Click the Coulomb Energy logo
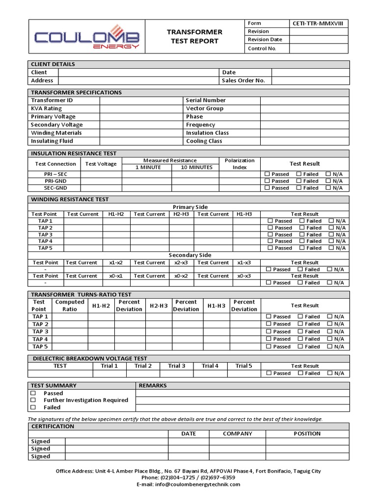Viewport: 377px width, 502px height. (x=87, y=37)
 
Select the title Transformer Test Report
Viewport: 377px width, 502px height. (x=194, y=36)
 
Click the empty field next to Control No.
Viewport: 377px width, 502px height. (x=320, y=49)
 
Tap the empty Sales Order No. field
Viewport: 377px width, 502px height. (x=310, y=80)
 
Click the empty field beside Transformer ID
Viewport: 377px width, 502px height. (x=141, y=100)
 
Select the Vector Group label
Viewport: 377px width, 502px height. (x=204, y=108)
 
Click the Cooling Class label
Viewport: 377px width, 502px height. (x=204, y=141)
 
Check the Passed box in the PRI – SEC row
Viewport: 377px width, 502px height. (x=268, y=174)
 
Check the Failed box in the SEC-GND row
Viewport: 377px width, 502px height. (x=299, y=188)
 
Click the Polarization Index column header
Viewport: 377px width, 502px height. (x=240, y=164)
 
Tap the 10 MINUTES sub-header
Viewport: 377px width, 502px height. (x=196, y=167)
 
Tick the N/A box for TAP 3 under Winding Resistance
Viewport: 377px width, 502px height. (x=331, y=234)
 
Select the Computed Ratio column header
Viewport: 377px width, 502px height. (x=70, y=305)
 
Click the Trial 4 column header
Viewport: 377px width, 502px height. (x=210, y=366)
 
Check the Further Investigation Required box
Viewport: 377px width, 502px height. (x=33, y=400)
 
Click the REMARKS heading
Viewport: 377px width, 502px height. (x=153, y=385)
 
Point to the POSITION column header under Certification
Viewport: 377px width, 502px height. (x=307, y=433)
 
